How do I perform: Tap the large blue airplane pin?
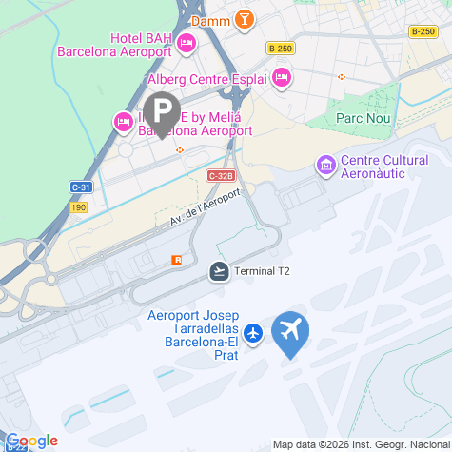click(290, 333)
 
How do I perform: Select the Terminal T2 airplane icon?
click(220, 271)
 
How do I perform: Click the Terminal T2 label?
click(263, 271)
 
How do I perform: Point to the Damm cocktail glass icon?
click(246, 19)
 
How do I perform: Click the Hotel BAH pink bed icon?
click(187, 41)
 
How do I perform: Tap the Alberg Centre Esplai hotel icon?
click(281, 78)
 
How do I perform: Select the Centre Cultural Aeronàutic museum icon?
click(326, 167)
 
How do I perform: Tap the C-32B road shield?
click(221, 176)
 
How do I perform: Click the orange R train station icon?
click(175, 260)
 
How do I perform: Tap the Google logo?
click(31, 440)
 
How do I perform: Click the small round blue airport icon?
click(253, 333)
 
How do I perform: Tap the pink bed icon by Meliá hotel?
click(123, 121)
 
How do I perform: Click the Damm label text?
click(213, 19)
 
